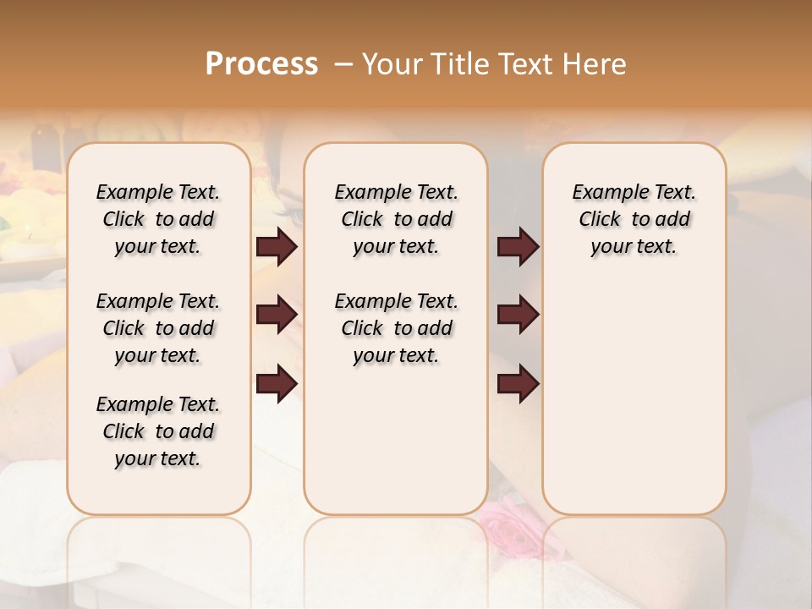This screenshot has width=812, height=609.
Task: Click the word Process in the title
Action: pos(261,63)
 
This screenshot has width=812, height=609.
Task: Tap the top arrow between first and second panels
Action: pos(277,247)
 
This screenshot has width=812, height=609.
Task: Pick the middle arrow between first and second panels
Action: pos(277,315)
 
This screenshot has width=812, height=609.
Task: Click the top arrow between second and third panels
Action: pos(518,247)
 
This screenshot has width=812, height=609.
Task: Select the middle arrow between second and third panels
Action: pos(518,315)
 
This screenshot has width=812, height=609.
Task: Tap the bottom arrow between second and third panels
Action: pos(518,385)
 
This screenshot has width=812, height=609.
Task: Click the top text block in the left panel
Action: pos(158,219)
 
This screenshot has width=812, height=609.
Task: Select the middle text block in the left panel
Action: pos(158,328)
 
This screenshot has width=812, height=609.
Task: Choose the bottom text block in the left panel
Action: pos(158,431)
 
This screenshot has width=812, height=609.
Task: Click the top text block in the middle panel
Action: pos(396,219)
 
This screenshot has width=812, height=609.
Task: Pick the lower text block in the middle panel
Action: pos(396,328)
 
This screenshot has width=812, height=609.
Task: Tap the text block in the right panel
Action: pos(634,219)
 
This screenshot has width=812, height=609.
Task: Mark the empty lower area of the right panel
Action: pos(634,406)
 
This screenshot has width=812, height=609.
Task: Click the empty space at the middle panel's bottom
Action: pos(396,448)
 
